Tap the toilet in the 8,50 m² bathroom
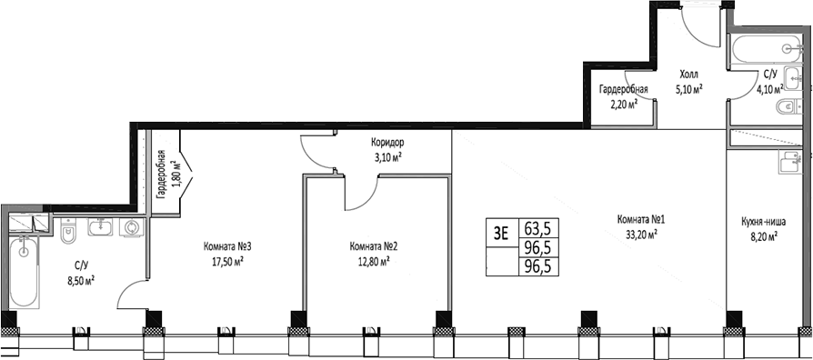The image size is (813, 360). (x=66, y=235)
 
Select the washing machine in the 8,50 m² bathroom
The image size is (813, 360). (x=133, y=228)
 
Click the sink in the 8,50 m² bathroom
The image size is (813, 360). (x=97, y=228)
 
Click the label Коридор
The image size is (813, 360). (x=386, y=144)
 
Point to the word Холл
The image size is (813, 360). (x=690, y=76)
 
